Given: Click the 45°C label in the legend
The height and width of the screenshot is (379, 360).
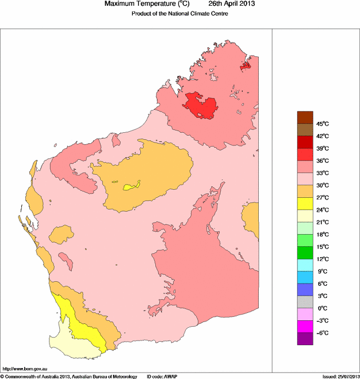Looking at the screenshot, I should (x=322, y=124).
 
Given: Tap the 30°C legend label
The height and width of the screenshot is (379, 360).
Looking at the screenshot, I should (x=322, y=185).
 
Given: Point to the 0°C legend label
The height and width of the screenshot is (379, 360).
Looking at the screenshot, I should (x=322, y=308).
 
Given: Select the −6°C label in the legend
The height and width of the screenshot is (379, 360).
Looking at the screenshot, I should (x=322, y=333).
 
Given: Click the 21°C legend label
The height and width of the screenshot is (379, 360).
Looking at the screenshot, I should (x=322, y=222).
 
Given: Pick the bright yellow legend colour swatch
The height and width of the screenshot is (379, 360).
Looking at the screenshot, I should (x=305, y=204).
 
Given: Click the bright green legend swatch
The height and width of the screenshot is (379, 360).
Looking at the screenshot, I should (x=305, y=253).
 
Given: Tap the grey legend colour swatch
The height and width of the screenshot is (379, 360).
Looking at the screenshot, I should (x=305, y=302).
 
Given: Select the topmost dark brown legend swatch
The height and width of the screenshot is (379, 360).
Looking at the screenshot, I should (x=305, y=117).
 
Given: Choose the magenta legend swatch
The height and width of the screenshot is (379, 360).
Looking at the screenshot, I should (x=305, y=327).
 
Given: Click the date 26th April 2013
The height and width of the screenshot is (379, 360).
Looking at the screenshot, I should (x=227, y=4).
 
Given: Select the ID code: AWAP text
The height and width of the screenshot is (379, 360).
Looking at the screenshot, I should (x=163, y=376).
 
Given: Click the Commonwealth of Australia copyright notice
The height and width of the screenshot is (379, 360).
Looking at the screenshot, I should (x=69, y=376).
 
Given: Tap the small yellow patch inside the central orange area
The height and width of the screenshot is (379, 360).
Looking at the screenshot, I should (x=132, y=186).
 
